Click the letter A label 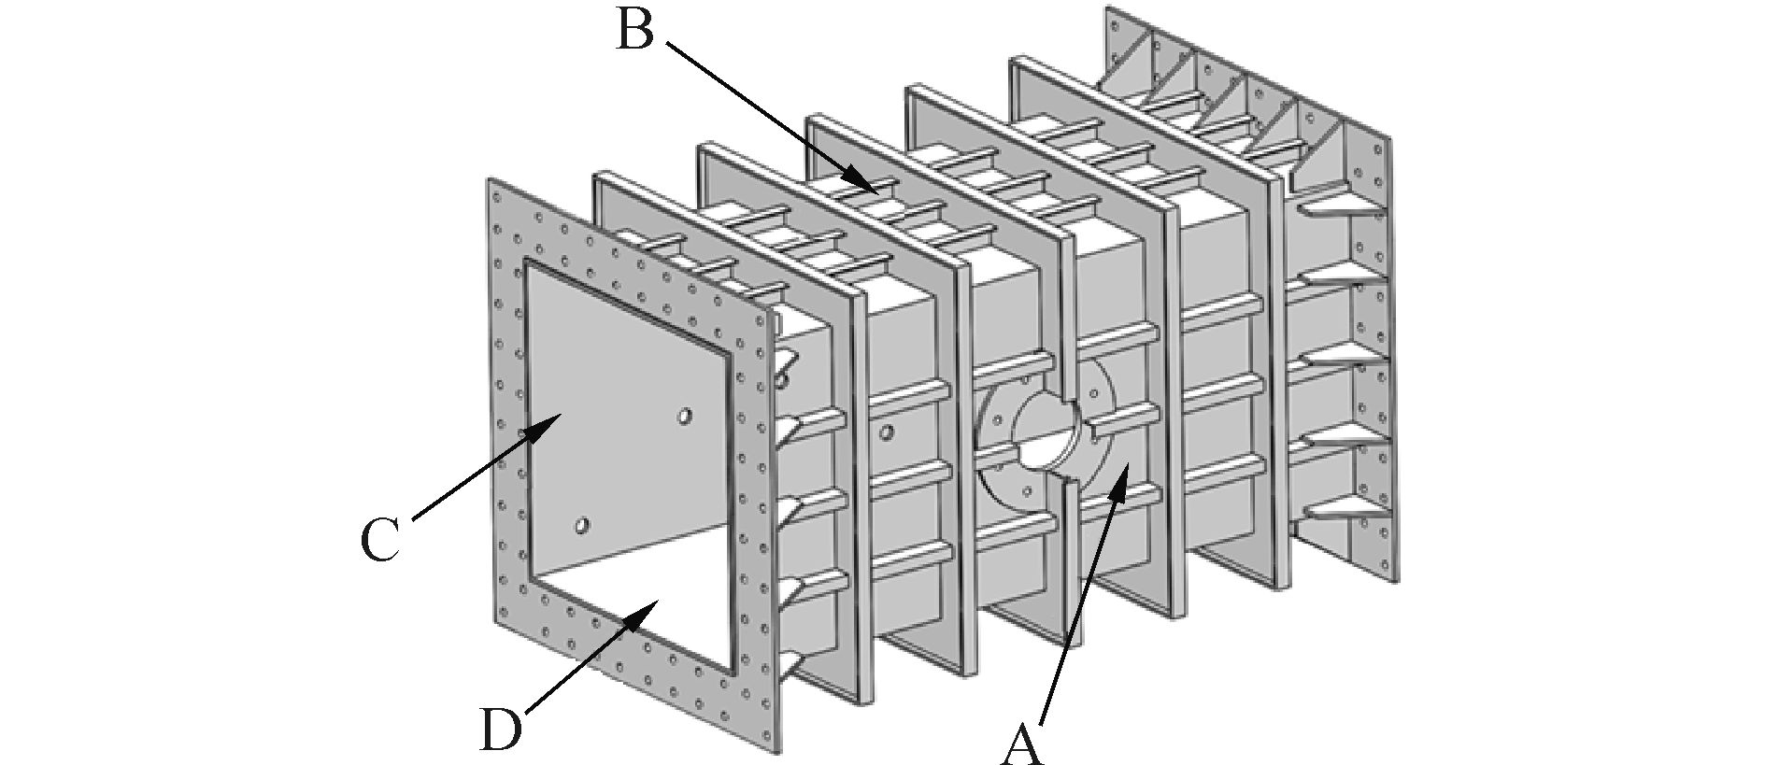[x=1021, y=744]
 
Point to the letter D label [x=501, y=730]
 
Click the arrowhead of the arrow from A [x=1125, y=472]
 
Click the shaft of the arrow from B [x=766, y=113]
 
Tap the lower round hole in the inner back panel [x=582, y=526]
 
